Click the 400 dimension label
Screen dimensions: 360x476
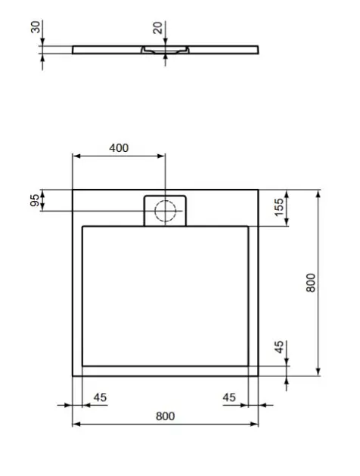point(119,148)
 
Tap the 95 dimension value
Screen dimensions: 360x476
point(35,200)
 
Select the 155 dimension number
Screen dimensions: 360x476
point(278,207)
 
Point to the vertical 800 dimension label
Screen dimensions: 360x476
point(311,283)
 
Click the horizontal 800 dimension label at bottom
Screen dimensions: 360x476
point(166,416)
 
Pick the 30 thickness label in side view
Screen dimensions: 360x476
point(36,27)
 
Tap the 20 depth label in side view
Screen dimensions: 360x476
point(158,28)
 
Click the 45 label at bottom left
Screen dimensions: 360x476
point(100,397)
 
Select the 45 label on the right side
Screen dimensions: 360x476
point(279,347)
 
